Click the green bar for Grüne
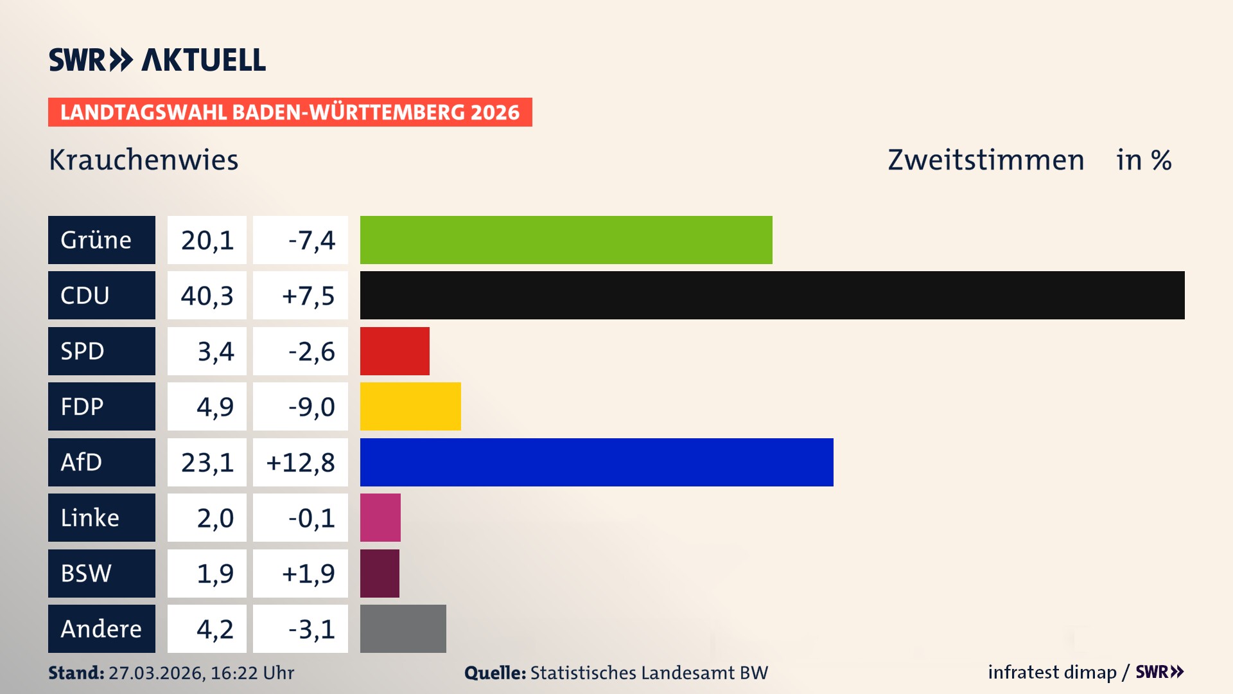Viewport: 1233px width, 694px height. point(566,240)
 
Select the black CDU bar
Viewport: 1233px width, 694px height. point(772,295)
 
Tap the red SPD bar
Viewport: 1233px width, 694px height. point(394,351)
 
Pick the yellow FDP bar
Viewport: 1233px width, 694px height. point(410,406)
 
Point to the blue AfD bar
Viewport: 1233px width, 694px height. point(597,462)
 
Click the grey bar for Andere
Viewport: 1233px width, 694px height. point(403,628)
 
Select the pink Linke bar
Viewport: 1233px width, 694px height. point(380,517)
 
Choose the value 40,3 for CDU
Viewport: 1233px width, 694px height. point(207,296)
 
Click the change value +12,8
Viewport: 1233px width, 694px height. point(301,463)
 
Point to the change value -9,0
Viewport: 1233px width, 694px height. point(311,407)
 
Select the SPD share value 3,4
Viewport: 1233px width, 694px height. point(215,351)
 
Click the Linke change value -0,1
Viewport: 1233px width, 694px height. point(311,518)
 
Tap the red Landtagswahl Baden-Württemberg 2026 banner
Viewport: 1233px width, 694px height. point(290,112)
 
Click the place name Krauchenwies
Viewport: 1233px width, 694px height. point(143,160)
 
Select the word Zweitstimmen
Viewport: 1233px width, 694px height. point(986,160)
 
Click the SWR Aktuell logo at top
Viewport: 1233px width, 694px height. point(157,60)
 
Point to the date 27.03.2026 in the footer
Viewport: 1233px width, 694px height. point(156,673)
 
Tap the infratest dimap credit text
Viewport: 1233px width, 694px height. point(1052,672)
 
